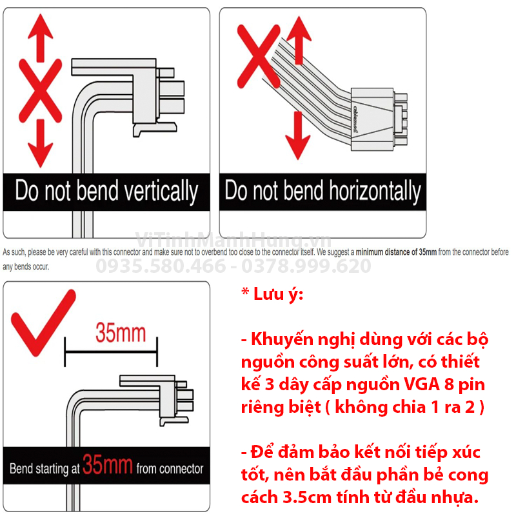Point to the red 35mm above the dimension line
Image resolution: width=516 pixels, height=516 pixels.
[121, 333]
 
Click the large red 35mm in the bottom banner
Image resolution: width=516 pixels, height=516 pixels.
[108, 466]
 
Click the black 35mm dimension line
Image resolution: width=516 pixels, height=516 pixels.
[110, 352]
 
